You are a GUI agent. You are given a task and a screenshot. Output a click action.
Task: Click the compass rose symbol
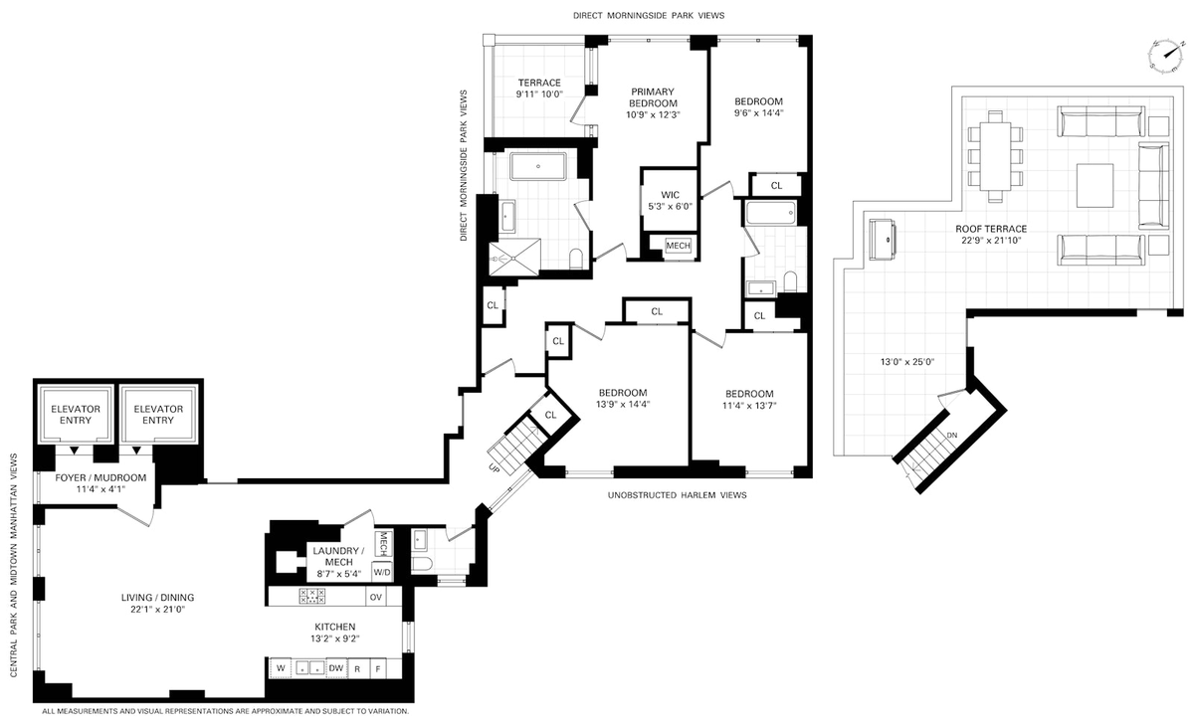(1165, 56)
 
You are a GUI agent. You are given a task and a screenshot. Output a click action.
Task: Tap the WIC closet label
(670, 195)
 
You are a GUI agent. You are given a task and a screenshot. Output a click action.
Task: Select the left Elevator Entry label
(76, 415)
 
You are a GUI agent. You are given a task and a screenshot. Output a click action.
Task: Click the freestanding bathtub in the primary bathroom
(538, 166)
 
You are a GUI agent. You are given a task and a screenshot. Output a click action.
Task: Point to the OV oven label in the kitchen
(376, 597)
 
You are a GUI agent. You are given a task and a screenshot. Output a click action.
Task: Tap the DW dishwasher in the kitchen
(336, 668)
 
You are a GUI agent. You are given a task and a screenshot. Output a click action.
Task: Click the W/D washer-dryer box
(382, 573)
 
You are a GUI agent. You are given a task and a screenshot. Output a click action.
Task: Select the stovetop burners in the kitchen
(312, 596)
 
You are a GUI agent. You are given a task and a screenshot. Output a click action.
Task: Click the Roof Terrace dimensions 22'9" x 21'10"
(991, 241)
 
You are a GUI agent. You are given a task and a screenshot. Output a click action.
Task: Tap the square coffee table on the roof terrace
(1094, 185)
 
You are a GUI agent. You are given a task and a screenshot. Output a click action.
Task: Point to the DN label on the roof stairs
(952, 436)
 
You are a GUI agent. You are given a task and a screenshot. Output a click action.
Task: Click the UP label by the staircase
(494, 468)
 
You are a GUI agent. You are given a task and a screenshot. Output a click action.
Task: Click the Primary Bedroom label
(653, 97)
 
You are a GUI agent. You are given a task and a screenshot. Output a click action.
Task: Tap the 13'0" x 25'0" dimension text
(907, 362)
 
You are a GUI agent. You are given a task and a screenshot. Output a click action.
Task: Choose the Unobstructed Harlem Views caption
(677, 495)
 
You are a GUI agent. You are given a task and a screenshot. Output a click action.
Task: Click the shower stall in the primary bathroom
(514, 258)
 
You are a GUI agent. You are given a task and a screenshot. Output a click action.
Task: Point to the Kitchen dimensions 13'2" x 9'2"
(335, 638)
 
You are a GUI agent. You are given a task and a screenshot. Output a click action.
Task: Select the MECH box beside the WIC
(678, 246)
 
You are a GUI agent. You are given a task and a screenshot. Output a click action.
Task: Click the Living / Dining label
(157, 598)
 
